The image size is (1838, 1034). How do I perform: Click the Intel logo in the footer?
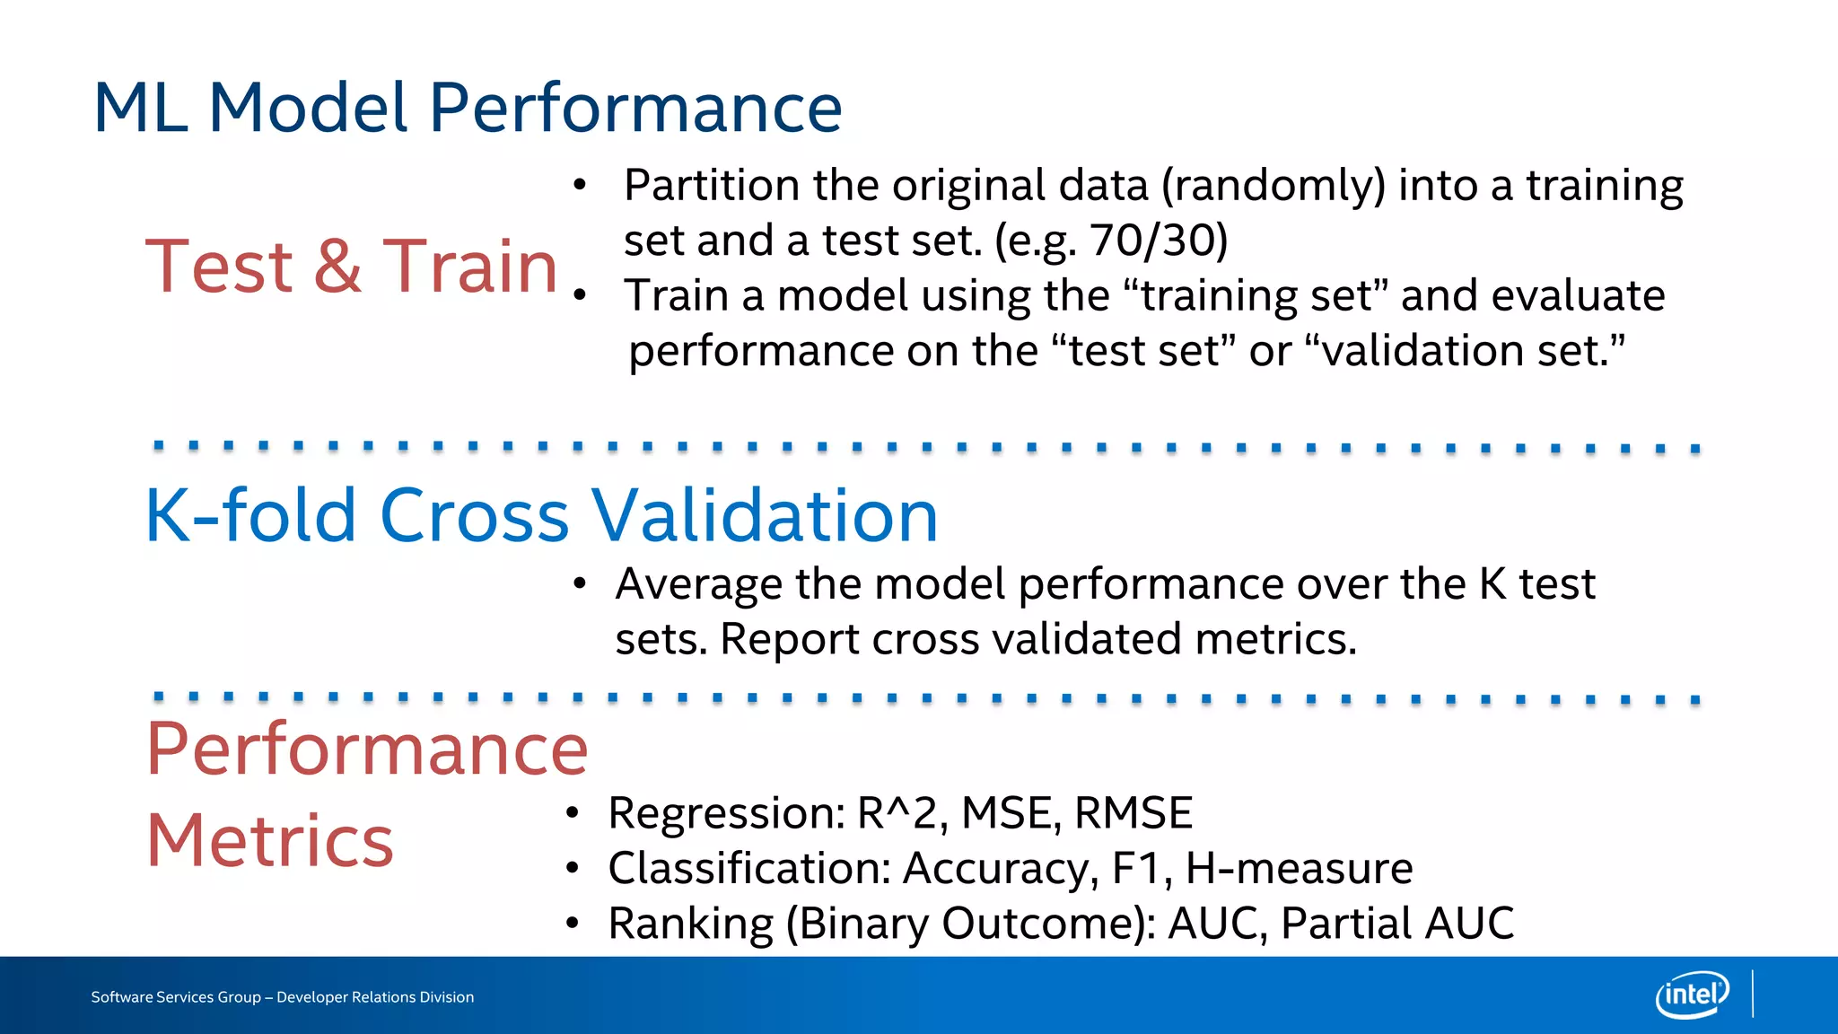tap(1692, 995)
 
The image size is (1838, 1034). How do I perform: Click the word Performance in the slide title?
tap(635, 109)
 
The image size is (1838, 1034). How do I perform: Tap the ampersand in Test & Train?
tap(337, 267)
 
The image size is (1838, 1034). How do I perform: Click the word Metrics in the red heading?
tap(269, 841)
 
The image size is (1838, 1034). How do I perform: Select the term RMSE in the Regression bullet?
tap(1133, 813)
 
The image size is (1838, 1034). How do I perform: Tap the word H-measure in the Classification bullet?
tap(1299, 868)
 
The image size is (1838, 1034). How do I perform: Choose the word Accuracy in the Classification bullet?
tap(1000, 868)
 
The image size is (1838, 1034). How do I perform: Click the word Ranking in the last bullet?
tap(690, 924)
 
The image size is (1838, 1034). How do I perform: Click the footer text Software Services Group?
tap(176, 997)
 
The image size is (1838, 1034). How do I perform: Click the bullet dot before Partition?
tap(580, 186)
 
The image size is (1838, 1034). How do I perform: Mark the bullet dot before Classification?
tap(573, 868)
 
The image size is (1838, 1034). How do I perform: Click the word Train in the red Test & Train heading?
tap(469, 267)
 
